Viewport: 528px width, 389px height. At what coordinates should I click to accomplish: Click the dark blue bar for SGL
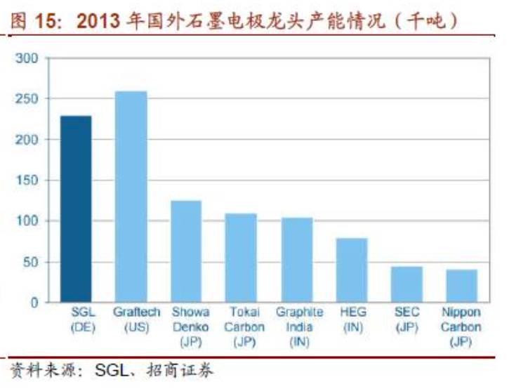pos(76,209)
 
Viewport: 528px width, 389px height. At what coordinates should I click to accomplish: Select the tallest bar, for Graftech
pos(131,197)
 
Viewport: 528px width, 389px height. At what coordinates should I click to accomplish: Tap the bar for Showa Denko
pos(186,251)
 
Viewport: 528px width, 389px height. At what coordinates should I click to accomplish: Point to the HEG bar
pos(352,270)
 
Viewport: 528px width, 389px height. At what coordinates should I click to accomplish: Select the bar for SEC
pos(407,284)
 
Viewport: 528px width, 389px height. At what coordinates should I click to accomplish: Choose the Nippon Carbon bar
pos(461,286)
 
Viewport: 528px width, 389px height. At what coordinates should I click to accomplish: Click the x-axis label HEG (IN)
pos(352,319)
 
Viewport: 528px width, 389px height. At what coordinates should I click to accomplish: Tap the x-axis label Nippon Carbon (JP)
pos(461,327)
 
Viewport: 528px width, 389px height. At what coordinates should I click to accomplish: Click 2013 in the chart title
pos(101,21)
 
